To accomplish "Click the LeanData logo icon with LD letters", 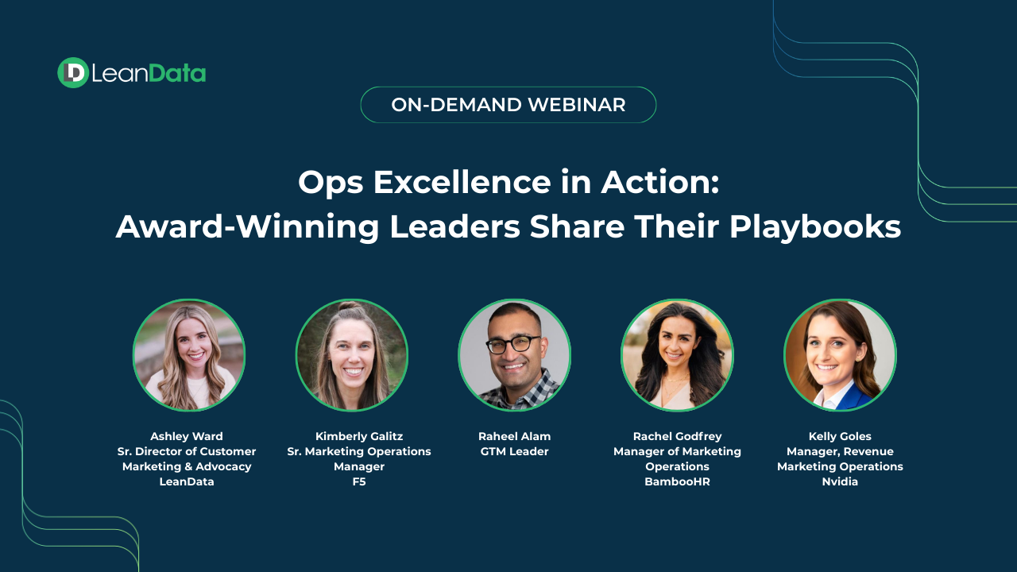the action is [72, 72].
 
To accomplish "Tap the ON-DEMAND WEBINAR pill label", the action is [508, 105].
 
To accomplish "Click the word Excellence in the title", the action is [462, 182].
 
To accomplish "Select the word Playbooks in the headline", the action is [815, 227].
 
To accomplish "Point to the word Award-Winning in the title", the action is [247, 227].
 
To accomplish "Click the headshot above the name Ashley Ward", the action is [189, 355].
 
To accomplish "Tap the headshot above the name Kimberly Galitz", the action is [352, 355].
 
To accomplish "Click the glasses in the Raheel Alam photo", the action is [514, 344].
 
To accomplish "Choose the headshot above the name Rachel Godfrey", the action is [677, 355].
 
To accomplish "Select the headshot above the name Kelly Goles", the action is [840, 355].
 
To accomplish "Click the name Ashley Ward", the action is [187, 436].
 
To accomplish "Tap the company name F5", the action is [359, 481].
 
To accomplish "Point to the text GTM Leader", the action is [514, 451].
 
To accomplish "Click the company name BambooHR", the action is [678, 481].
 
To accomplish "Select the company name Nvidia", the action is [840, 481].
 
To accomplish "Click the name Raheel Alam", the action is [514, 436].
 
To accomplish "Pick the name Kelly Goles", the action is [840, 436].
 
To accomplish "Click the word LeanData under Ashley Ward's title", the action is [187, 481].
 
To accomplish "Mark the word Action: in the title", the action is [660, 182].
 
